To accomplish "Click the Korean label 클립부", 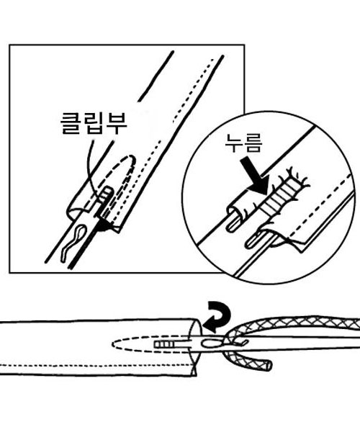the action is [94, 124].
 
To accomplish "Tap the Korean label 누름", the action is [243, 143].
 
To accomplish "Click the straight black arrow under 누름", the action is [254, 176].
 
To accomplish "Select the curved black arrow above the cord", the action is [217, 316].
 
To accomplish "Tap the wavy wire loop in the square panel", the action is [74, 242].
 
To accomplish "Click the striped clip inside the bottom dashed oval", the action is [164, 344].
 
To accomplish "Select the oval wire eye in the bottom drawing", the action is [211, 343].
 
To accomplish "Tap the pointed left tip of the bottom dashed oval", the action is [112, 344].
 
